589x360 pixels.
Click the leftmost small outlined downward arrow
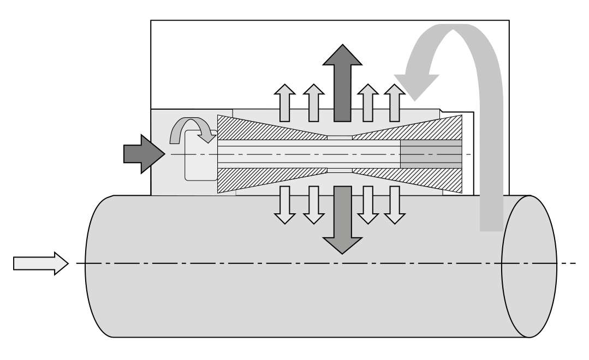tap(284, 205)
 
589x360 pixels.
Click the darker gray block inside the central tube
tap(431, 154)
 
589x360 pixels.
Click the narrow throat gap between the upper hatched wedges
tap(340, 136)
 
